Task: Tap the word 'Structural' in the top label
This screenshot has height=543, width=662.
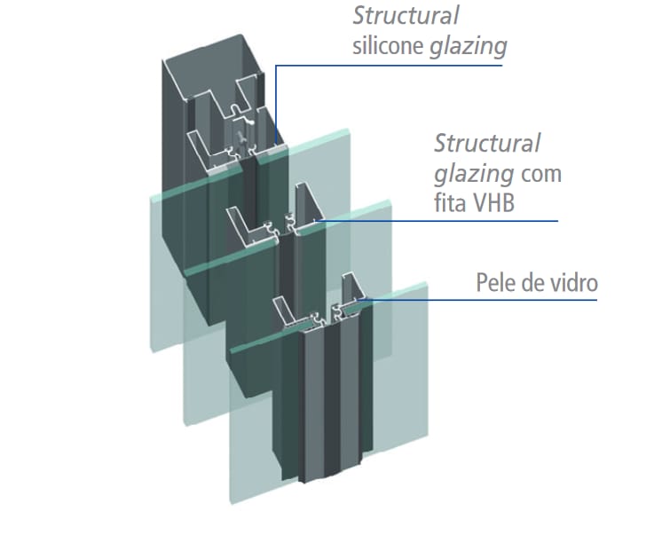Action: [406, 16]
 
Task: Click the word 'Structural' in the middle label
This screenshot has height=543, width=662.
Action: [487, 143]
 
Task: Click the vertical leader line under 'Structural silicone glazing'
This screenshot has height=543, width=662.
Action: [275, 106]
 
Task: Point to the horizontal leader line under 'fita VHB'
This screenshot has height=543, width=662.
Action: [444, 220]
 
